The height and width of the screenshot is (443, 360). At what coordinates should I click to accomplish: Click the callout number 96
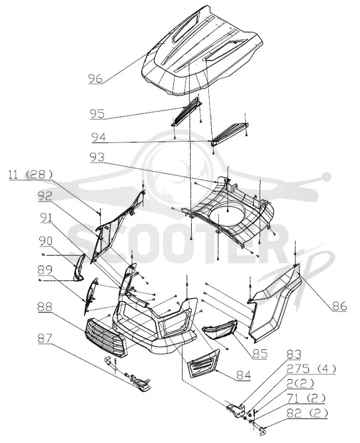pyautogui.click(x=95, y=78)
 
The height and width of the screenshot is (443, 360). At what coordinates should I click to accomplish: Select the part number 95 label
pyautogui.click(x=97, y=114)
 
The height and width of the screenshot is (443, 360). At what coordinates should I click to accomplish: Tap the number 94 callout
pyautogui.click(x=99, y=137)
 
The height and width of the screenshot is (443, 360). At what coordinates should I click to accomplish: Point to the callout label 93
pyautogui.click(x=97, y=157)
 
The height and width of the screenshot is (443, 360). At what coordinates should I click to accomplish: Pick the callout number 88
pyautogui.click(x=45, y=307)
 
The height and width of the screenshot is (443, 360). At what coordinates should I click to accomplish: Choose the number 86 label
pyautogui.click(x=340, y=306)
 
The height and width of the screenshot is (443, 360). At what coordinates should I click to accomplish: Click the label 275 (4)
pyautogui.click(x=311, y=369)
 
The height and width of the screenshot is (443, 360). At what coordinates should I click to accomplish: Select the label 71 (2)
pyautogui.click(x=306, y=398)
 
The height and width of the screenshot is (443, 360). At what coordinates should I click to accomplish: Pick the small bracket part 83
pyautogui.click(x=236, y=410)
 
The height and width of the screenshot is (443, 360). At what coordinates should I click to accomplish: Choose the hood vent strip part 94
pyautogui.click(x=230, y=133)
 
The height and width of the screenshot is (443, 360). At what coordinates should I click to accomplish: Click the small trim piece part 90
pyautogui.click(x=79, y=267)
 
